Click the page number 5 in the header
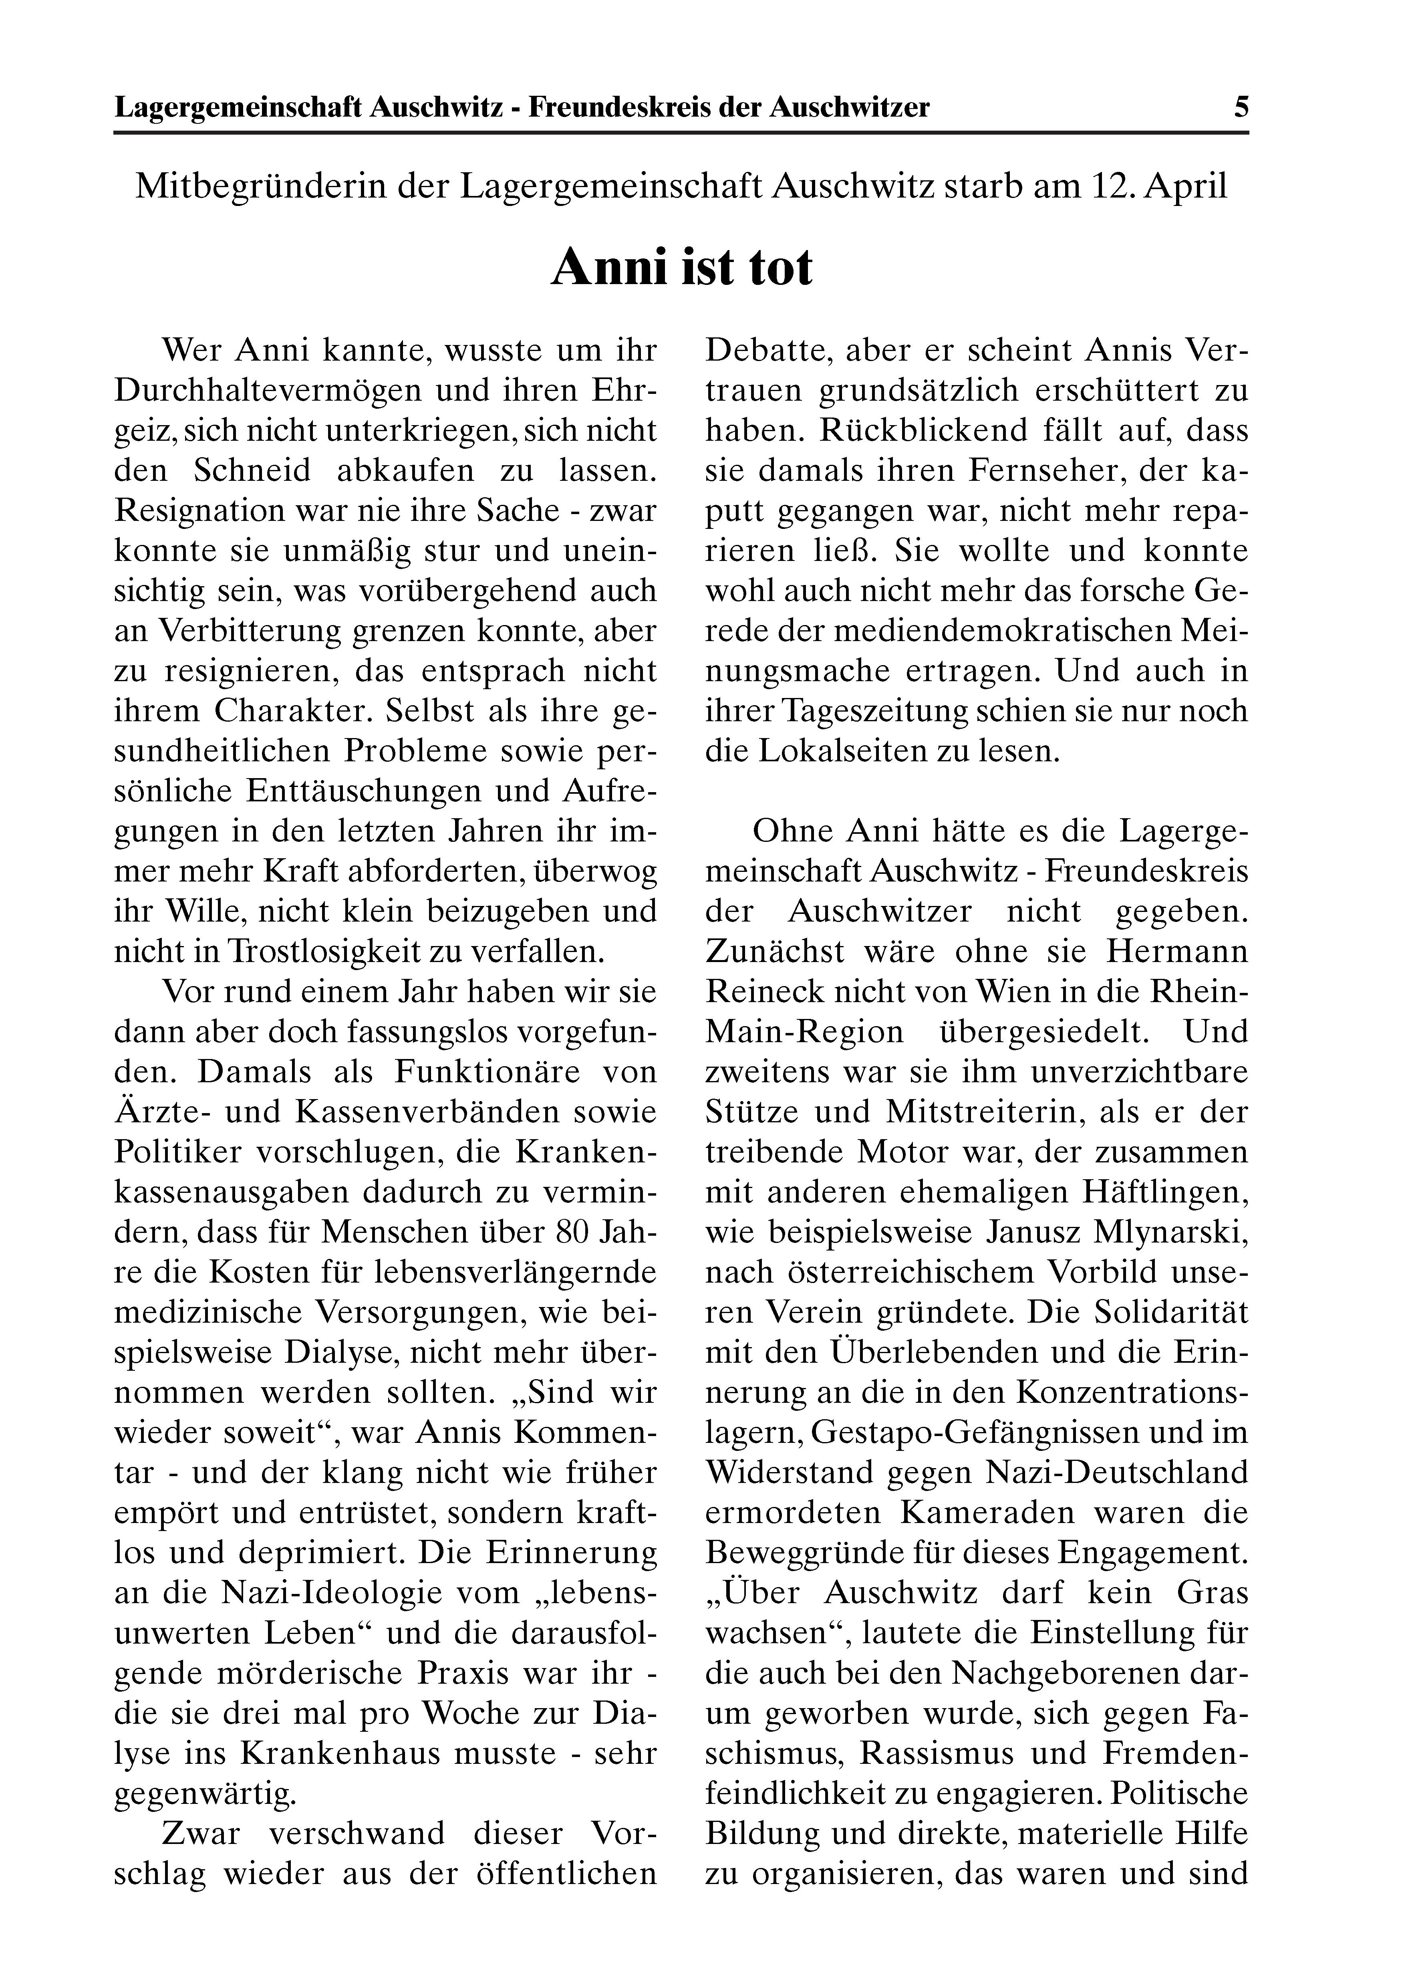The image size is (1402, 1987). pyautogui.click(x=1241, y=107)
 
